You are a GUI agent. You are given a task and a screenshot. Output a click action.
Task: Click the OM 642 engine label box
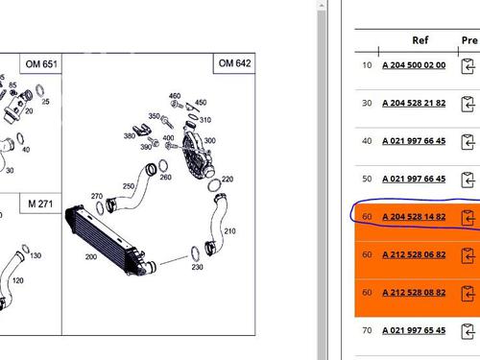234,63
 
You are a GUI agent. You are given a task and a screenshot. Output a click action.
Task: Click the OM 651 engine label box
41,63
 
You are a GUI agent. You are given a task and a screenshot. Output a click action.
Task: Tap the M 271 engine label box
40,204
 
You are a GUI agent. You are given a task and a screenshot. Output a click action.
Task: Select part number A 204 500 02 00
414,65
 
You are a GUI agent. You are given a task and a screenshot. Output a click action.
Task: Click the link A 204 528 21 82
414,103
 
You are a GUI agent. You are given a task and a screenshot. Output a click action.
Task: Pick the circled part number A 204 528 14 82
414,217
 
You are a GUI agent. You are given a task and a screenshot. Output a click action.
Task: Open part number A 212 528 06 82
414,254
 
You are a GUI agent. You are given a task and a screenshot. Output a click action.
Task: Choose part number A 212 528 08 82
414,293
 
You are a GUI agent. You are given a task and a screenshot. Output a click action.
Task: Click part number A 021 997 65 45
414,330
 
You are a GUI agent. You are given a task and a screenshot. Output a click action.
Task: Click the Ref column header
420,40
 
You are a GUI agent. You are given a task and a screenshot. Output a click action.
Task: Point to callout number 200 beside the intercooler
91,256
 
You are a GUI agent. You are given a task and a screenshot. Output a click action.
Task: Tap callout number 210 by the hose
229,231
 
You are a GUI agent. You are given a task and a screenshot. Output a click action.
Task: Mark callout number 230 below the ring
197,267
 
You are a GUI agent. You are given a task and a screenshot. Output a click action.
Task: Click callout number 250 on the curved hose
129,186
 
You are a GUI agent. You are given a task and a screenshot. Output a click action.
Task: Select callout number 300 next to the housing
209,140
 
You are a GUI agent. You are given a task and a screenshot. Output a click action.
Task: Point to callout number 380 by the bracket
130,136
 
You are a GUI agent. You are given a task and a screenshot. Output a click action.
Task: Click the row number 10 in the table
367,65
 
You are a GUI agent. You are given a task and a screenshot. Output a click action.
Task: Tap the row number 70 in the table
367,330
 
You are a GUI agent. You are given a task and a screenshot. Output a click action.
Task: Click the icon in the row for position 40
468,142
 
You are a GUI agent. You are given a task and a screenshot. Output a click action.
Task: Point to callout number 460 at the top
175,96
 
